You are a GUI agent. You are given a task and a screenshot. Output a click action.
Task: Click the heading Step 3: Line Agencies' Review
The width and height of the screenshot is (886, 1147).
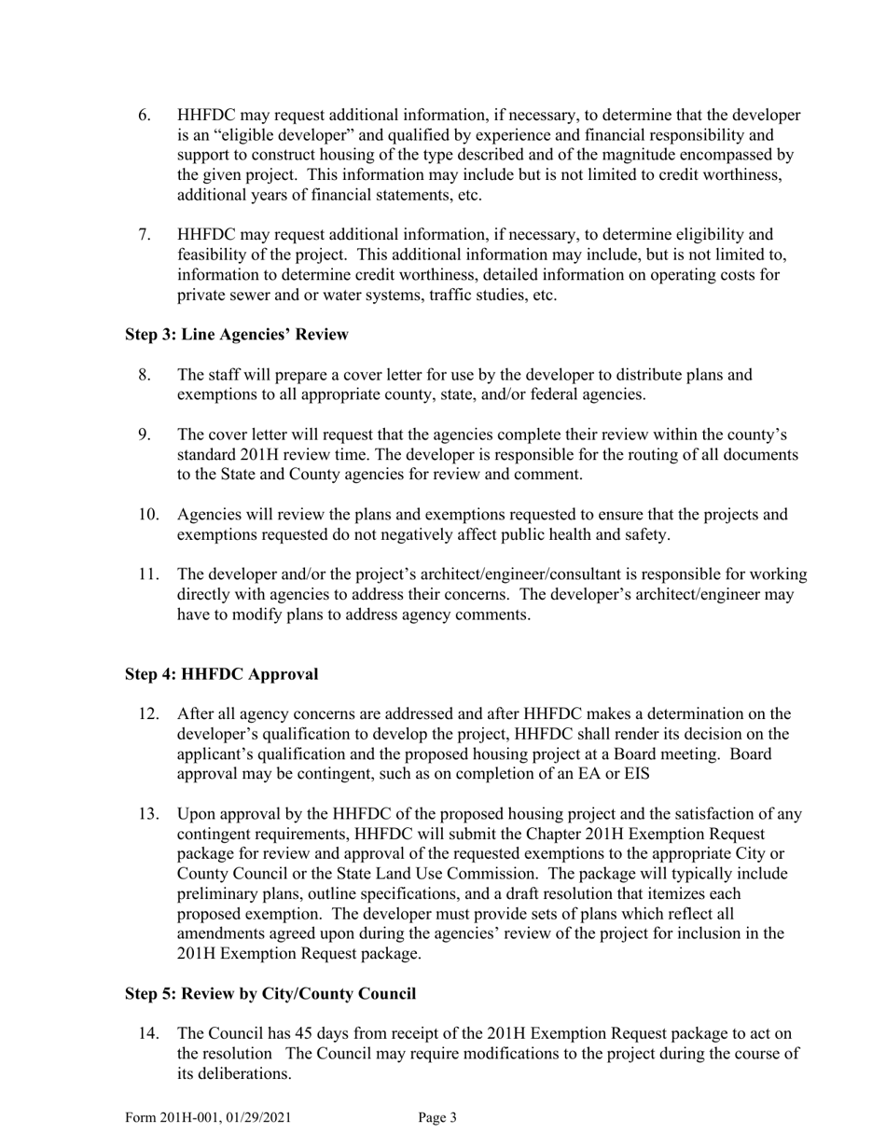click(x=237, y=335)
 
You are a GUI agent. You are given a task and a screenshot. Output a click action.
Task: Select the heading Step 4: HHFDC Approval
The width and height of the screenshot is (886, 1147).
click(x=222, y=674)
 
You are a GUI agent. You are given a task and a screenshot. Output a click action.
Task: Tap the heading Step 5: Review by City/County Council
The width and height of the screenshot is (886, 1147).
click(x=270, y=994)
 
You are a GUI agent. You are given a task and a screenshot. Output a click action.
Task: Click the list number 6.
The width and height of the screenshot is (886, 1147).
click(x=145, y=116)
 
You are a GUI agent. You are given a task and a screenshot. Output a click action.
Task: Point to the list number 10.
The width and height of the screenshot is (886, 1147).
click(x=148, y=515)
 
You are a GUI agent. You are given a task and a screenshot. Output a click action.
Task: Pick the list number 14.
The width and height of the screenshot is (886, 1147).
click(x=148, y=1033)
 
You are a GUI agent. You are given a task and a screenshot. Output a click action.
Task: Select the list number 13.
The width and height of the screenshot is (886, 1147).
click(x=148, y=814)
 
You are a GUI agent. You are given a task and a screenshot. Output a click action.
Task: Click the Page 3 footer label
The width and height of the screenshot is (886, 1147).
click(x=437, y=1117)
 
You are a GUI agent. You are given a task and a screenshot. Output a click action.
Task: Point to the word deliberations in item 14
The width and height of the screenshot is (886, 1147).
click(x=232, y=1073)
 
